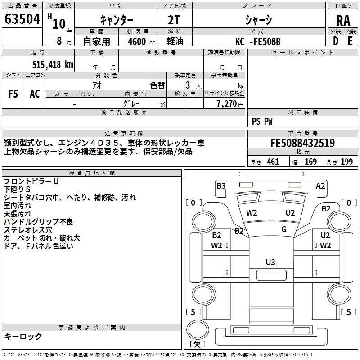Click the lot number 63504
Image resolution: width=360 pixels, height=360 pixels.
(x=22, y=19)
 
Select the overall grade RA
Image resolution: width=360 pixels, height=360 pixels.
(x=343, y=21)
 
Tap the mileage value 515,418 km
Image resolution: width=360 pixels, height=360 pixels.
(x=53, y=65)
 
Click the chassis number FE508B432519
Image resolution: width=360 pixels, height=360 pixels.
(x=302, y=144)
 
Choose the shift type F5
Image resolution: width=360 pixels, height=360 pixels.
(x=13, y=94)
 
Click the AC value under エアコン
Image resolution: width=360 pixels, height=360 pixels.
(x=35, y=94)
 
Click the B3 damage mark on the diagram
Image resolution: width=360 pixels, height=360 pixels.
(x=221, y=185)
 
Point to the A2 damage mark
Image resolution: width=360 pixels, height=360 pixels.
(x=320, y=185)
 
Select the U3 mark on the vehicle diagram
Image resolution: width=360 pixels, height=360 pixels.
(x=270, y=262)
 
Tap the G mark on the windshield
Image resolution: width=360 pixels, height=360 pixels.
(x=284, y=229)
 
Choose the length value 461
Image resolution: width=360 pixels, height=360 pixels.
(x=273, y=162)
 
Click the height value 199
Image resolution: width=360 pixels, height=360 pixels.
(x=346, y=162)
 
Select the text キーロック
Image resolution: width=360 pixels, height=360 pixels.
(x=23, y=336)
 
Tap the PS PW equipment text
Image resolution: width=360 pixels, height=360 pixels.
(x=262, y=121)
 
